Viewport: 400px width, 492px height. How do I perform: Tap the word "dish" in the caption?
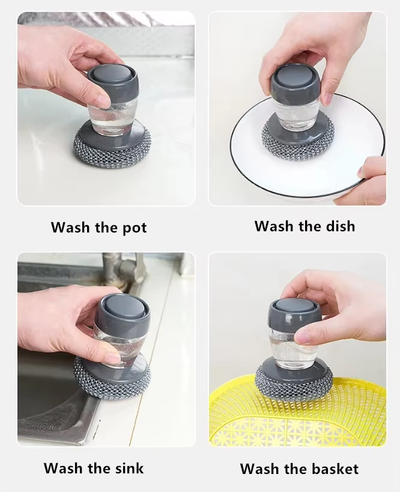click(x=341, y=226)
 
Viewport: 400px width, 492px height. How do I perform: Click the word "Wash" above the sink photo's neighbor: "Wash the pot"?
click(x=70, y=227)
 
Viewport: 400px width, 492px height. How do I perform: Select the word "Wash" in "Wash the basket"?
click(x=259, y=469)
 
